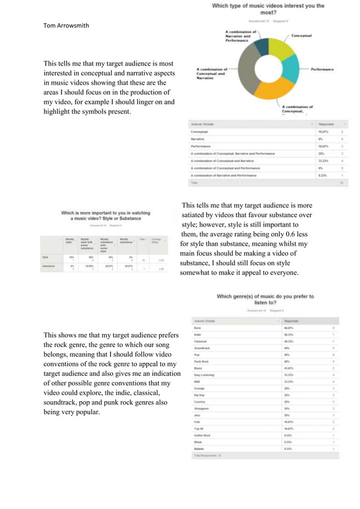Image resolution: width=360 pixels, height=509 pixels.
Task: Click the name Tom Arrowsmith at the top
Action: pyautogui.click(x=66, y=25)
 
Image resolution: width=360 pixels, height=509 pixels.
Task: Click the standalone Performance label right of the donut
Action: pyautogui.click(x=322, y=69)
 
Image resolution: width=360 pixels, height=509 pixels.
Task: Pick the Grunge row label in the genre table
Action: pyautogui.click(x=198, y=388)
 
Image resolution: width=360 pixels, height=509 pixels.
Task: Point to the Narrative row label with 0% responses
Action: pyautogui.click(x=197, y=138)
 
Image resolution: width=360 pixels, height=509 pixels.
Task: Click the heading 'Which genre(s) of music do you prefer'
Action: pyautogui.click(x=265, y=296)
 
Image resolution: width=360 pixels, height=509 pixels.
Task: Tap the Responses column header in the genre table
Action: pyautogui.click(x=294, y=320)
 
